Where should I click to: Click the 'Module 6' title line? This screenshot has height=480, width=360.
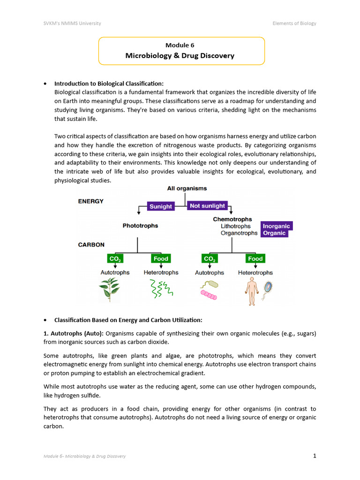[x=180, y=45]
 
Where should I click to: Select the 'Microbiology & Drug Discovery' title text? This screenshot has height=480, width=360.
[x=180, y=56]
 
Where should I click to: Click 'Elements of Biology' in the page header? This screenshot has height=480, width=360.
[x=294, y=23]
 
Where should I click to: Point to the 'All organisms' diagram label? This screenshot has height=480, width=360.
[x=187, y=188]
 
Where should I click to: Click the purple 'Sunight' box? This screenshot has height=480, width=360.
[x=161, y=206]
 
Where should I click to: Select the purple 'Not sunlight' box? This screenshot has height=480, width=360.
[x=207, y=206]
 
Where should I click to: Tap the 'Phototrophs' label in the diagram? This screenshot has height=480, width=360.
[x=140, y=225]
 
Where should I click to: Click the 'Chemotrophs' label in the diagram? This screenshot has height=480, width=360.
[x=232, y=219]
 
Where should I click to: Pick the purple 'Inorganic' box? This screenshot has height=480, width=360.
[x=276, y=226]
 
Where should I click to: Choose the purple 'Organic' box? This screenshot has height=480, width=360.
[x=274, y=233]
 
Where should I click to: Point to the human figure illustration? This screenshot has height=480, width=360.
[x=252, y=291]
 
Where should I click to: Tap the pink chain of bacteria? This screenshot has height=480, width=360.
[x=209, y=295]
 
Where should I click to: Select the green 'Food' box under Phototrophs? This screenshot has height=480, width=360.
[x=161, y=259]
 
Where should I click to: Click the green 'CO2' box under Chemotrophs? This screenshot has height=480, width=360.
[x=209, y=259]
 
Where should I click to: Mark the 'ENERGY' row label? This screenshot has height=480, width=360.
[x=90, y=202]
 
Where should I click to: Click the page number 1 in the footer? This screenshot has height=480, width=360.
[x=315, y=456]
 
